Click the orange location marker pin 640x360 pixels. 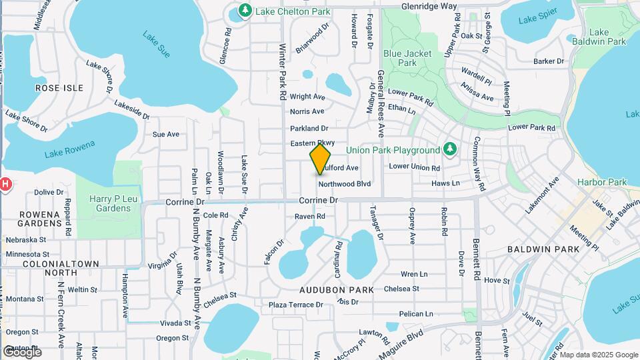pyautogui.click(x=321, y=159)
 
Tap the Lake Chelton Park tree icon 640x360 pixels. pyautogui.click(x=245, y=11)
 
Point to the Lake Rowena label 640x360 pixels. pyautogui.click(x=70, y=149)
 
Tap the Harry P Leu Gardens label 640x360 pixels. pyautogui.click(x=111, y=203)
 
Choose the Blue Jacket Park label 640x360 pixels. pyautogui.click(x=407, y=58)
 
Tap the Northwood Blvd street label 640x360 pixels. pyautogui.click(x=345, y=183)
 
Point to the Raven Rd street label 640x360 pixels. pyautogui.click(x=310, y=216)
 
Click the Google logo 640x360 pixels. pyautogui.click(x=21, y=351)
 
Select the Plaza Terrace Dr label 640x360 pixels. pyautogui.click(x=295, y=305)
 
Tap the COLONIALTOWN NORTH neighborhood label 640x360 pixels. pyautogui.click(x=41, y=267)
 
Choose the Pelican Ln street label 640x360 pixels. pyautogui.click(x=416, y=313)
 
